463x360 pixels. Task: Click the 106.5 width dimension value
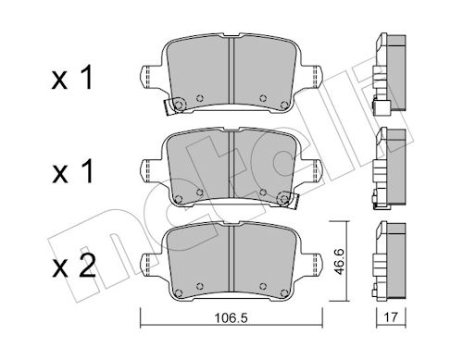(x=231, y=317)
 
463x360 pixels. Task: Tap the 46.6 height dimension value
(x=340, y=262)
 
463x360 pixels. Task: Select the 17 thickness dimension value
(x=391, y=317)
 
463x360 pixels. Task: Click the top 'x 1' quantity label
(x=72, y=79)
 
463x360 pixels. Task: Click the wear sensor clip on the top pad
(x=174, y=106)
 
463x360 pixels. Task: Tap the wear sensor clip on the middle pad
(x=288, y=200)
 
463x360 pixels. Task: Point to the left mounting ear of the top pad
(x=149, y=76)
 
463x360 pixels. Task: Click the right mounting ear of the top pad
(x=313, y=76)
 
